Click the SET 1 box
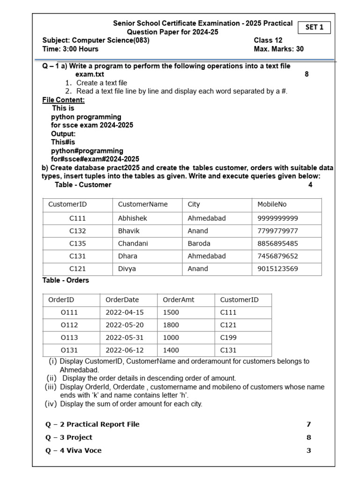tap(314, 28)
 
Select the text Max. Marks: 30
tap(278, 49)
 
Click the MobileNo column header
tap(272, 204)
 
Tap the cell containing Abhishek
tap(133, 218)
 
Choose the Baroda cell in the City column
tap(199, 243)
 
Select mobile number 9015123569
tap(277, 269)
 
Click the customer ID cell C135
tap(77, 243)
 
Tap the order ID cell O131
tap(69, 350)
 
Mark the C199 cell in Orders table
tap(228, 337)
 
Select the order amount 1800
tap(171, 325)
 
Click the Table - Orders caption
tap(66, 280)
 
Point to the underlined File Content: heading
tap(63, 100)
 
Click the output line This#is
tap(63, 142)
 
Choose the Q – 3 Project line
tap(69, 437)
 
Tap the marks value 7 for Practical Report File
tap(308, 424)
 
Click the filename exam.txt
tap(90, 74)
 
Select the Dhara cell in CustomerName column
tap(127, 256)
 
